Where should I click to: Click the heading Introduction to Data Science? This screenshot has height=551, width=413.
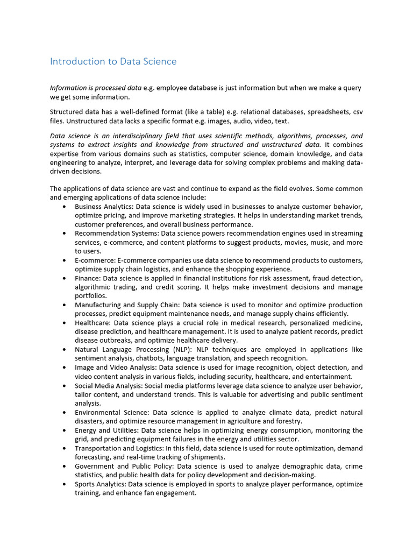coord(113,61)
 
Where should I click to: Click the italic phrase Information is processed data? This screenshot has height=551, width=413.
coord(96,88)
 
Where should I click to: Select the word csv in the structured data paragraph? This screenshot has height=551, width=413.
coord(358,112)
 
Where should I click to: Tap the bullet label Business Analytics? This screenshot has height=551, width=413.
coord(104,207)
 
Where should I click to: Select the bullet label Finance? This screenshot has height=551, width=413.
coord(87,278)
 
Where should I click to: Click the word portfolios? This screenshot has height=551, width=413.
coord(91,296)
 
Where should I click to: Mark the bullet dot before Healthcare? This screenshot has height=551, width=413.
coord(65,323)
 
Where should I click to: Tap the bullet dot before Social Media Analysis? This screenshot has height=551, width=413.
coord(65,386)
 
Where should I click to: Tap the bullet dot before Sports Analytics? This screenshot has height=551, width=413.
coord(65,484)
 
